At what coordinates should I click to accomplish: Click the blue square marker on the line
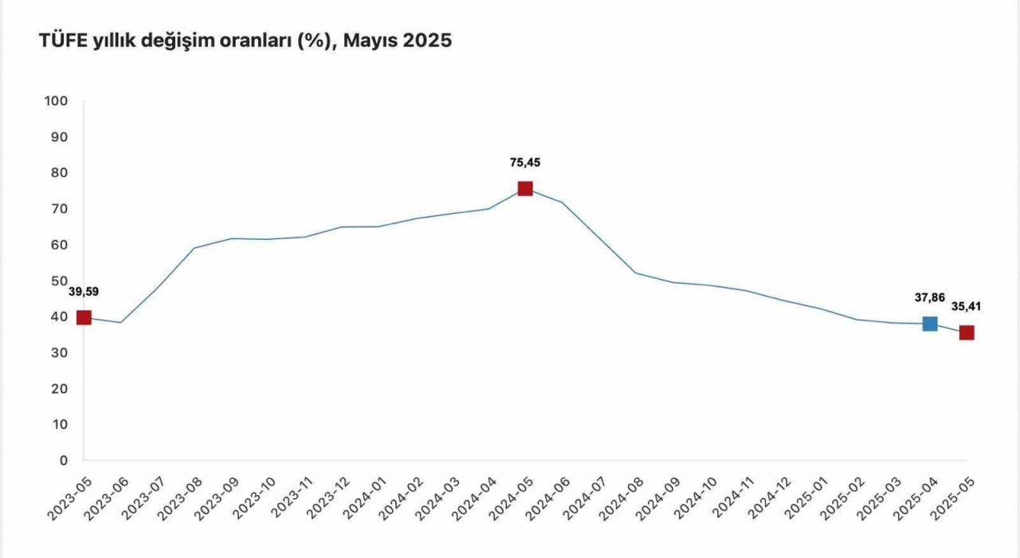[x=929, y=324]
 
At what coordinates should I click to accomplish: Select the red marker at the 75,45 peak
[x=525, y=188]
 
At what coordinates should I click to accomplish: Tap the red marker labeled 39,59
[x=84, y=317]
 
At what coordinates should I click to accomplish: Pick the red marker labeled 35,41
[x=967, y=332]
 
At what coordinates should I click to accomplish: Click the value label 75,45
[x=525, y=163]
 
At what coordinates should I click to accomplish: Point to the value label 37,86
[x=929, y=297]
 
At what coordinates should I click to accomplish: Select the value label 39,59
[x=83, y=291]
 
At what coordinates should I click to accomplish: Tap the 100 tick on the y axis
[x=57, y=101]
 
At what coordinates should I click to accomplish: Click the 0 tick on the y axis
[x=64, y=460]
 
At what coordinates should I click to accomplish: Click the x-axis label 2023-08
[x=185, y=497]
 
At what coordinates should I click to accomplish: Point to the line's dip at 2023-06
[x=120, y=322]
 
